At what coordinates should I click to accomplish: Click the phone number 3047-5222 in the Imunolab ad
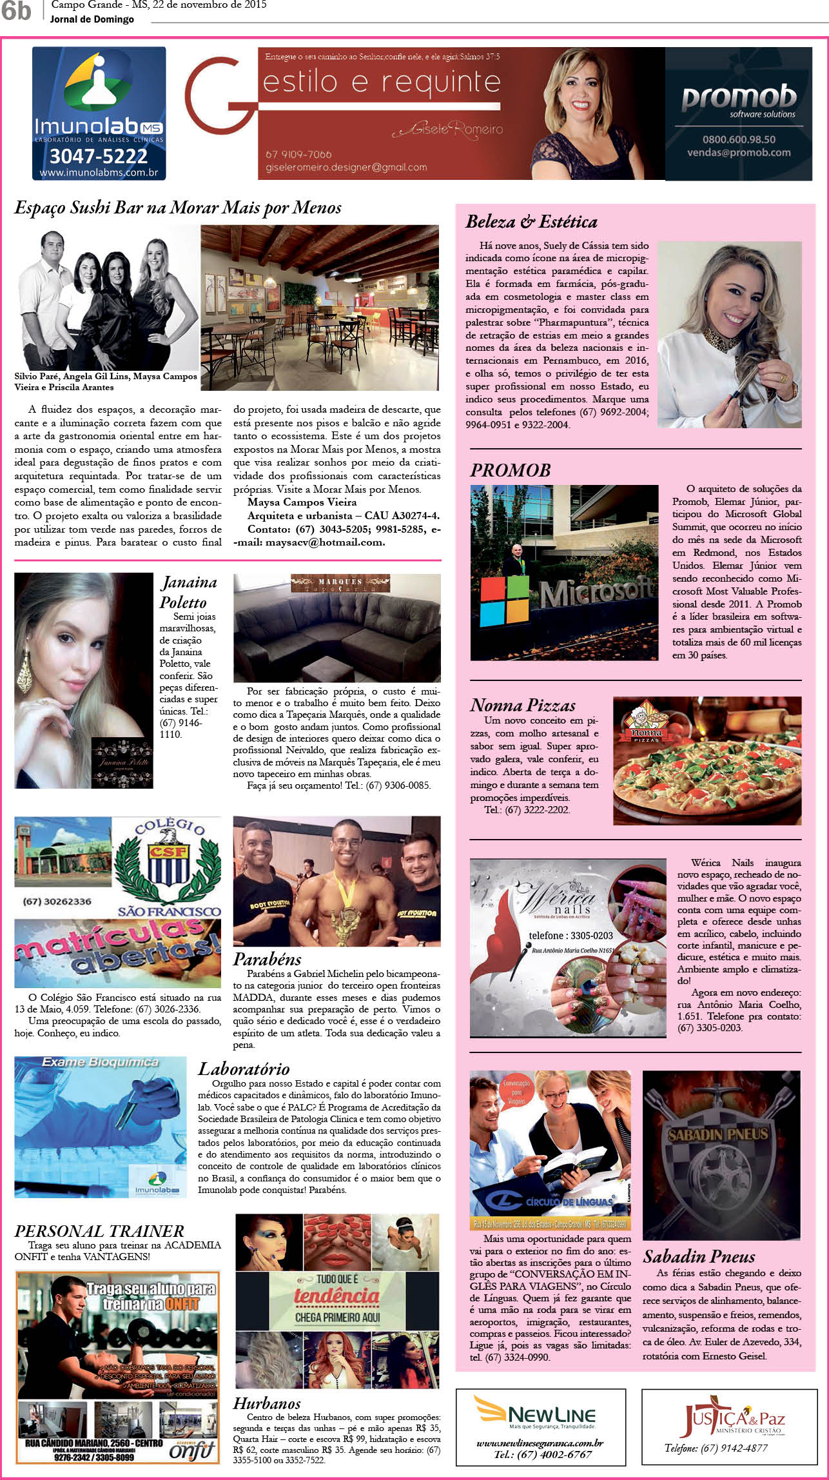pyautogui.click(x=99, y=156)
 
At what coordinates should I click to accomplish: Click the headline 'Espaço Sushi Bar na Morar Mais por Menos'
pyautogui.click(x=178, y=208)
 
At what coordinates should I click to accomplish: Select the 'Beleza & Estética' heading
pyautogui.click(x=531, y=222)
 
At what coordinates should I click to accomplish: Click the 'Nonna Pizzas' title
pyautogui.click(x=523, y=705)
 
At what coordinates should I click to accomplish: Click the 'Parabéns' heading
pyautogui.click(x=267, y=959)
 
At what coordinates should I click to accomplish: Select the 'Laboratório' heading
pyautogui.click(x=244, y=1069)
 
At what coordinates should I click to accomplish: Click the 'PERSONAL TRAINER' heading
pyautogui.click(x=99, y=1230)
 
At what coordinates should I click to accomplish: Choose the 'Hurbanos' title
pyautogui.click(x=267, y=1403)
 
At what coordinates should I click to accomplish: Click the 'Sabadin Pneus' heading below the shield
pyautogui.click(x=699, y=1256)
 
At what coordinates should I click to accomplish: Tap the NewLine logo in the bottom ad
pyautogui.click(x=535, y=1414)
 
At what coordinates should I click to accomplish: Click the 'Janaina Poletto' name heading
pyautogui.click(x=188, y=592)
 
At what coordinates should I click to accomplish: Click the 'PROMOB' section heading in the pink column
pyautogui.click(x=510, y=470)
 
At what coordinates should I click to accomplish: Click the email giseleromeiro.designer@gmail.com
pyautogui.click(x=346, y=167)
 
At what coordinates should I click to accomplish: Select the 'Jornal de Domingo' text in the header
pyautogui.click(x=92, y=19)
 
